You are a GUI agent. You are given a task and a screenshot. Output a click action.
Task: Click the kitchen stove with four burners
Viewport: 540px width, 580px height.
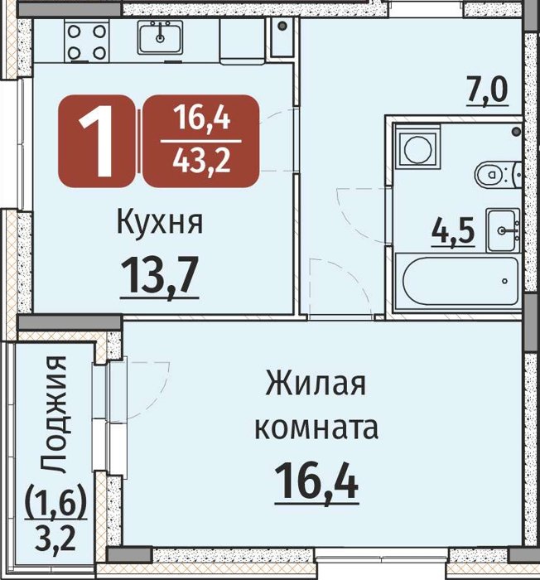(87, 41)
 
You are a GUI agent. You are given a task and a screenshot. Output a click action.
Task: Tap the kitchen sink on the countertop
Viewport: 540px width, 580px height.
(160, 37)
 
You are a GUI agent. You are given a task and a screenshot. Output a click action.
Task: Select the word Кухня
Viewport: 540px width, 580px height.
(160, 223)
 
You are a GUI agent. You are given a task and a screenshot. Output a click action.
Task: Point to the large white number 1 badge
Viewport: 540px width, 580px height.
(96, 141)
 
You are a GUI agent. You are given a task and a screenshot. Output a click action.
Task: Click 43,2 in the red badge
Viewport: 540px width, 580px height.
(201, 162)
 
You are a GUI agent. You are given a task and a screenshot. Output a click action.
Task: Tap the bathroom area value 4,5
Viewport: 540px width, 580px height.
(453, 231)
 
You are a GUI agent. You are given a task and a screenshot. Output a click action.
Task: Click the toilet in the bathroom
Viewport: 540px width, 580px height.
(498, 174)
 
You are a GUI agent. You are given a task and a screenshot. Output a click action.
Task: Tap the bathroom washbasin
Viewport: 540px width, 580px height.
(504, 230)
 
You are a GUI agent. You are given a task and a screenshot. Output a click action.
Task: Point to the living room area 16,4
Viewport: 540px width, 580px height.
(317, 481)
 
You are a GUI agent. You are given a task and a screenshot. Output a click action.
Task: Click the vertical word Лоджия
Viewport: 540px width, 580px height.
(53, 414)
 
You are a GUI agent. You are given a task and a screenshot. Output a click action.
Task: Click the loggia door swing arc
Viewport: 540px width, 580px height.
(149, 392)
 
